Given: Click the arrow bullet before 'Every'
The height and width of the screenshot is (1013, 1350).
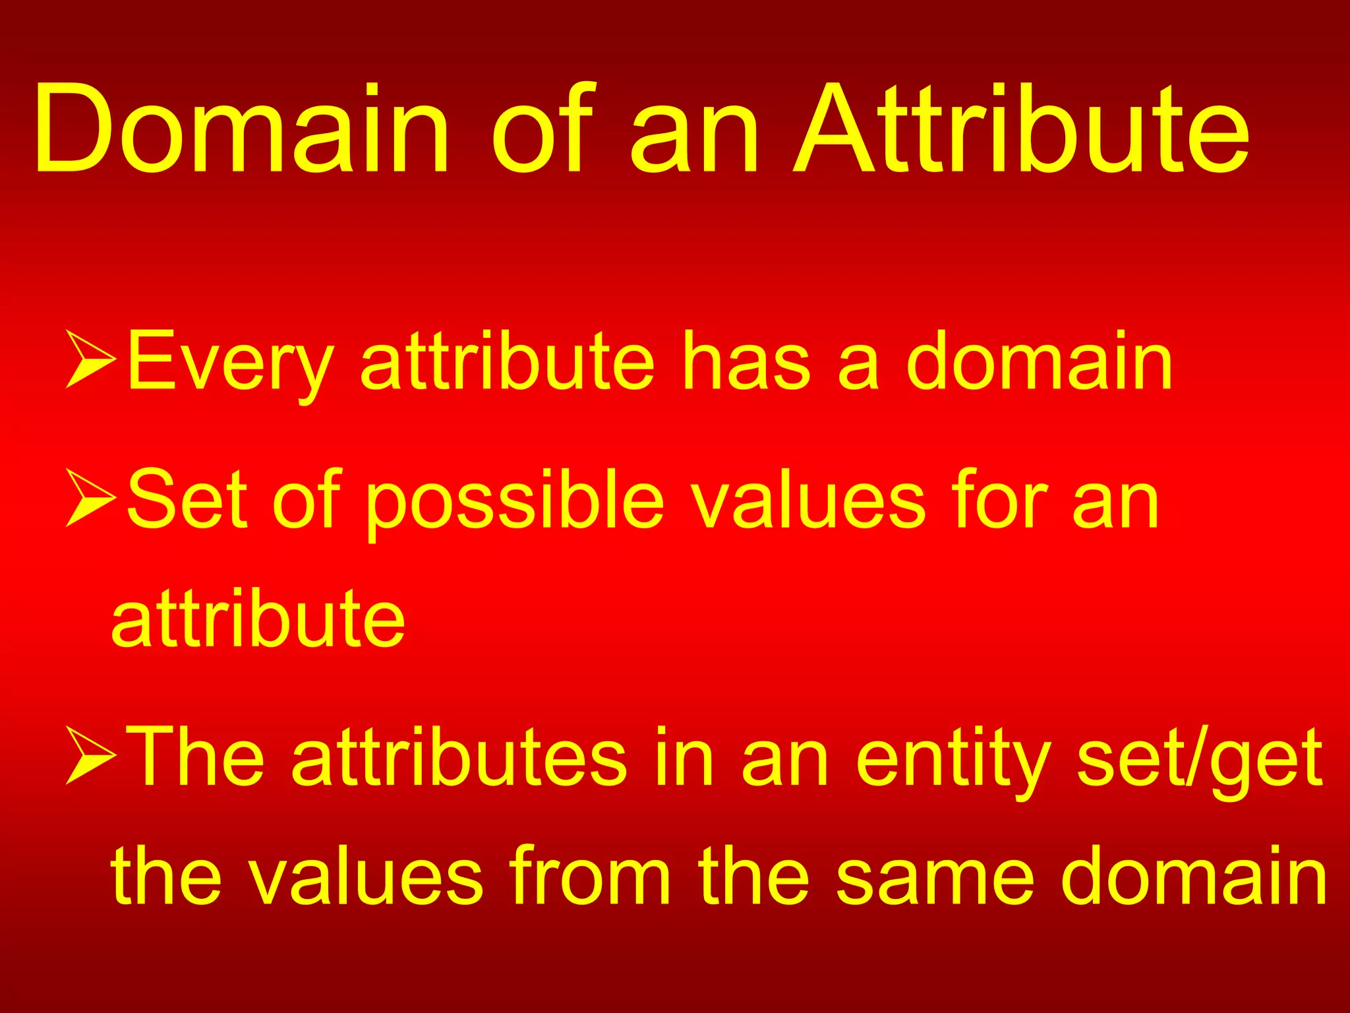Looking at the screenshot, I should tap(91, 359).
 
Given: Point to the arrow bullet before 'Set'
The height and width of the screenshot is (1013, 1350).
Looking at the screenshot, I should tap(91, 498).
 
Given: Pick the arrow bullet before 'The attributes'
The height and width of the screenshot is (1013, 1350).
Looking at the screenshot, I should tap(91, 755).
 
